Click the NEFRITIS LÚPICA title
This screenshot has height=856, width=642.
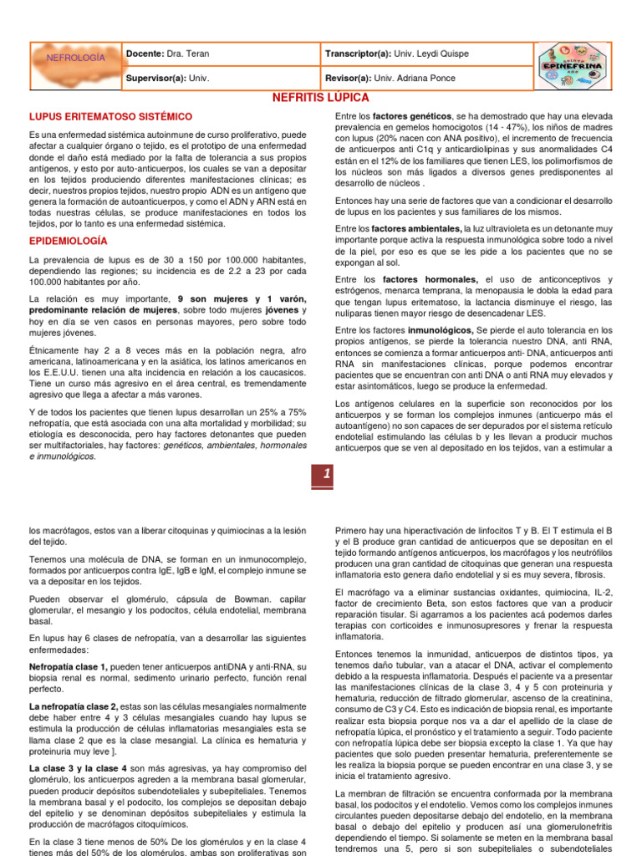pyautogui.click(x=321, y=98)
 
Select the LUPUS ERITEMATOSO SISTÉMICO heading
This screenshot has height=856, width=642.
pyautogui.click(x=111, y=116)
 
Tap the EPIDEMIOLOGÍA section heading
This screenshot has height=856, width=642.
pyautogui.click(x=68, y=241)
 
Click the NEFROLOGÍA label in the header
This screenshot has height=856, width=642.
pyautogui.click(x=75, y=58)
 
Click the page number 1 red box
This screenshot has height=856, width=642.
pyautogui.click(x=322, y=474)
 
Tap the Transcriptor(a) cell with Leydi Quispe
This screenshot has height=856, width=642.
pyautogui.click(x=397, y=53)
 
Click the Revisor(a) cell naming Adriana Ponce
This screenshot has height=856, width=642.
pyautogui.click(x=391, y=78)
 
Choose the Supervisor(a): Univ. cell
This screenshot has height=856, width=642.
pyautogui.click(x=167, y=78)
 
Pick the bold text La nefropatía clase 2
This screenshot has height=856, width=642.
pyautogui.click(x=74, y=706)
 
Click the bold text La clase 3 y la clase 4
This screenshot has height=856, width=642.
pyautogui.click(x=79, y=767)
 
